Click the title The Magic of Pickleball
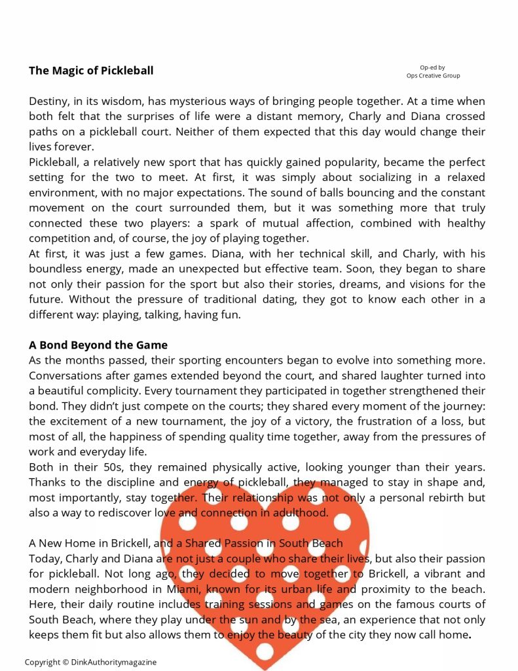(91, 71)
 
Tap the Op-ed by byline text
(432, 67)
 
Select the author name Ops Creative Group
(433, 75)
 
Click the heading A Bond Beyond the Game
(98, 345)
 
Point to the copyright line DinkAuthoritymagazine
(91, 662)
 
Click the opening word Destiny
(50, 102)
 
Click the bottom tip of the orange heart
(265, 667)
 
